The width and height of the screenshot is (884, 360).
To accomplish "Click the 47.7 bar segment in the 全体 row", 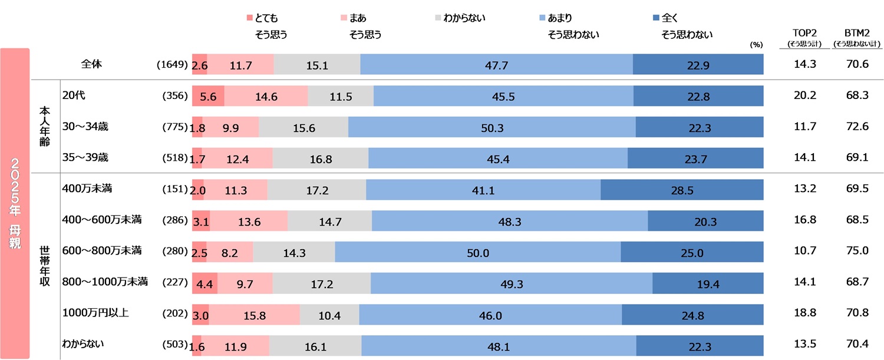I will (x=496, y=64).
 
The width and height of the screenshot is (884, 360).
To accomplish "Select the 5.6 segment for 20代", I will (x=208, y=95).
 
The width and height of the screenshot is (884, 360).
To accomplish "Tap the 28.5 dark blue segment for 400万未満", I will (x=682, y=189).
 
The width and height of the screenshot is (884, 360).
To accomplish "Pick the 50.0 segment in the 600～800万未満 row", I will (x=477, y=252).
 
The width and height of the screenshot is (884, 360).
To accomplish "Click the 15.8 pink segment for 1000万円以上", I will (x=254, y=315).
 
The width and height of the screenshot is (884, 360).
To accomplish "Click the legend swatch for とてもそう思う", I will (x=249, y=18).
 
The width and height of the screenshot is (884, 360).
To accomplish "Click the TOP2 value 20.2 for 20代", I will (x=804, y=95).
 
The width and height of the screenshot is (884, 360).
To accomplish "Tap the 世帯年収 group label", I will (x=45, y=266).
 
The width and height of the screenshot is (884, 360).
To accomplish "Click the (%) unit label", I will (x=756, y=44).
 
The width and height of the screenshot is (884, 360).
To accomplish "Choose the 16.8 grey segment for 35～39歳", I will (x=320, y=158).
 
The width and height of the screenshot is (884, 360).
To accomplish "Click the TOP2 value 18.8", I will (x=804, y=315).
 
